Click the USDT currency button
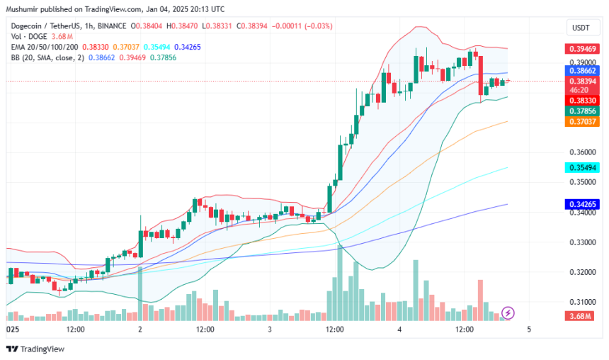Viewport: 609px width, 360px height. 579,28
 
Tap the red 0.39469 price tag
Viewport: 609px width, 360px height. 579,49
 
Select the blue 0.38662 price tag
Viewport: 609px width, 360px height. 579,71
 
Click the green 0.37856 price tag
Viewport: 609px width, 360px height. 579,111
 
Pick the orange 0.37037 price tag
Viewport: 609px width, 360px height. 579,122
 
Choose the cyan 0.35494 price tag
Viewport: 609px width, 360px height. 579,167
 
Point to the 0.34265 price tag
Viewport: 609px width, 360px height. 579,204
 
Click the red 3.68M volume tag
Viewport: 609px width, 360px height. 579,315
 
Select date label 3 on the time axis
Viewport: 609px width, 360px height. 270,330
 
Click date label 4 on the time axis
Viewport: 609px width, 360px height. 399,330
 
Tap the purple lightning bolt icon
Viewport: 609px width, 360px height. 508,312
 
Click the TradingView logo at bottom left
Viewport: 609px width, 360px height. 35,349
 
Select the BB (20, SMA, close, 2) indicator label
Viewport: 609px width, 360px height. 47,57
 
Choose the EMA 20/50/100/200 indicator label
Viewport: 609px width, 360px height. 48,46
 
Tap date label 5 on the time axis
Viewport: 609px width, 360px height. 528,330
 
